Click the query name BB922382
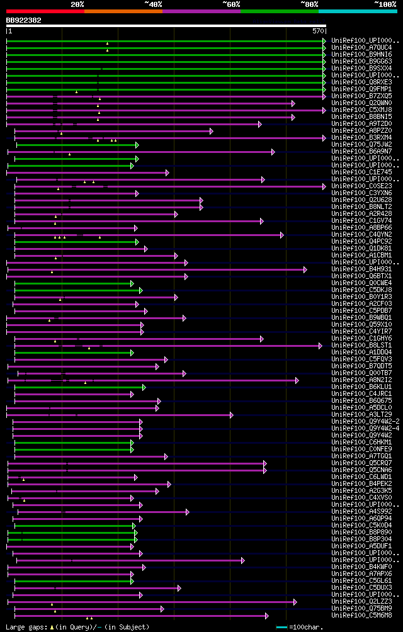[24, 20]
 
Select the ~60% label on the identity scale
[231, 4]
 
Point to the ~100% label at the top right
[385, 4]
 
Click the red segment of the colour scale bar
[45, 11]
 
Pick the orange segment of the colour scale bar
[123, 11]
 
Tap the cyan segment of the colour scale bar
[357, 11]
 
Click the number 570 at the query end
[317, 31]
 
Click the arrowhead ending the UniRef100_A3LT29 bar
[231, 415]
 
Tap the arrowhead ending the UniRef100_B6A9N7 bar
[273, 152]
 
